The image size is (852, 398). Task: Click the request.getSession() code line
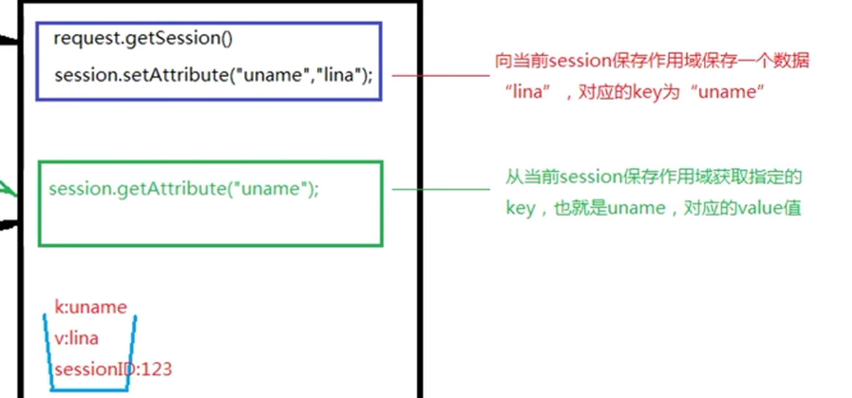point(143,39)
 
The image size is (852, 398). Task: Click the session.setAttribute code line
point(213,75)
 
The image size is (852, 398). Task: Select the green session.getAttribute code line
point(184,189)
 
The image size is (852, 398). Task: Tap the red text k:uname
point(90,307)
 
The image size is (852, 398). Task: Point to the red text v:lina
point(76,338)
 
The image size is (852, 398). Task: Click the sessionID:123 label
point(113,369)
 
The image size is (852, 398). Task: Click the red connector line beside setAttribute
point(441,74)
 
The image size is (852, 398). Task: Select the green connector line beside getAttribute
point(441,189)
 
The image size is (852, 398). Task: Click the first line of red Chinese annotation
point(652,61)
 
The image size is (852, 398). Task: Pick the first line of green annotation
point(653,177)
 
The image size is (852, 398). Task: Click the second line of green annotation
point(653,208)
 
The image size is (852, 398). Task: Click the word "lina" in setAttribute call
point(338,75)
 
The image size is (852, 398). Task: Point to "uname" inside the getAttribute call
point(270,189)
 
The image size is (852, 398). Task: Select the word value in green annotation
point(760,208)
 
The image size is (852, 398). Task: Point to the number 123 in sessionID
point(157,369)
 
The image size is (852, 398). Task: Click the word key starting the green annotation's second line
point(520,209)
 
